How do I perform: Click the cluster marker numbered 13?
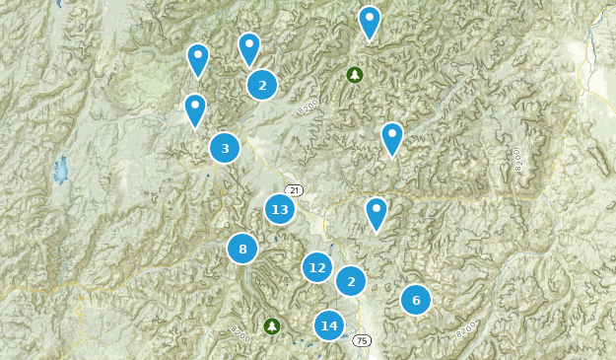coord(280,209)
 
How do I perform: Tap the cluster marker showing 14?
coord(329,325)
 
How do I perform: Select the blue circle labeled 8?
coord(242,249)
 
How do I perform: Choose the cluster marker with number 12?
coord(317,267)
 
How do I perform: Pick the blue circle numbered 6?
coord(416,300)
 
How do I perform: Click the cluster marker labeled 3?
coord(225,148)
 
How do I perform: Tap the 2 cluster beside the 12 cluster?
coord(351,281)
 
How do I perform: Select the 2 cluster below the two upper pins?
coord(262,85)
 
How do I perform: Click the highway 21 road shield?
coord(293,189)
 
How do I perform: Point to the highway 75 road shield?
coord(362,339)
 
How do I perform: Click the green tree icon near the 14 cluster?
coord(272,325)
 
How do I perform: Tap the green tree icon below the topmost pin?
coord(355,74)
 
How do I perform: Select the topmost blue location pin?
coord(370,21)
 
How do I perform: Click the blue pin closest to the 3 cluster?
coord(195,108)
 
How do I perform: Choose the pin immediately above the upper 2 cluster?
coord(249,47)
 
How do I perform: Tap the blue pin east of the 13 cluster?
coord(376,212)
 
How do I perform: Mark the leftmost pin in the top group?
coord(198,58)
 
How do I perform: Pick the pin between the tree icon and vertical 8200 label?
coord(392,137)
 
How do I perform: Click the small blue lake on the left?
coord(61,170)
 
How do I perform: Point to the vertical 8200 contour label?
coord(515,159)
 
